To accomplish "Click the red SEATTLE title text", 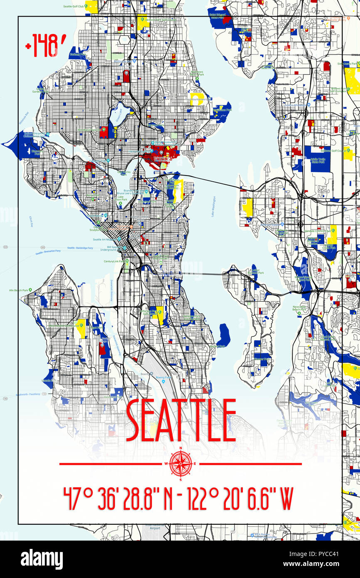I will (x=180, y=420).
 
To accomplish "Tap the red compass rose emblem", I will (x=180, y=464).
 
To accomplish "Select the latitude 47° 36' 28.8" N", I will (x=118, y=499).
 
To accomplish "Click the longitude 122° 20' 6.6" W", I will (x=241, y=499).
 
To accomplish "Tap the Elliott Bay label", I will (x=31, y=221).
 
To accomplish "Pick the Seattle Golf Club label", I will (x=74, y=7).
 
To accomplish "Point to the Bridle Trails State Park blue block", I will (x=318, y=159).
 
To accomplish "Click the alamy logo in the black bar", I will (x=42, y=559).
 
